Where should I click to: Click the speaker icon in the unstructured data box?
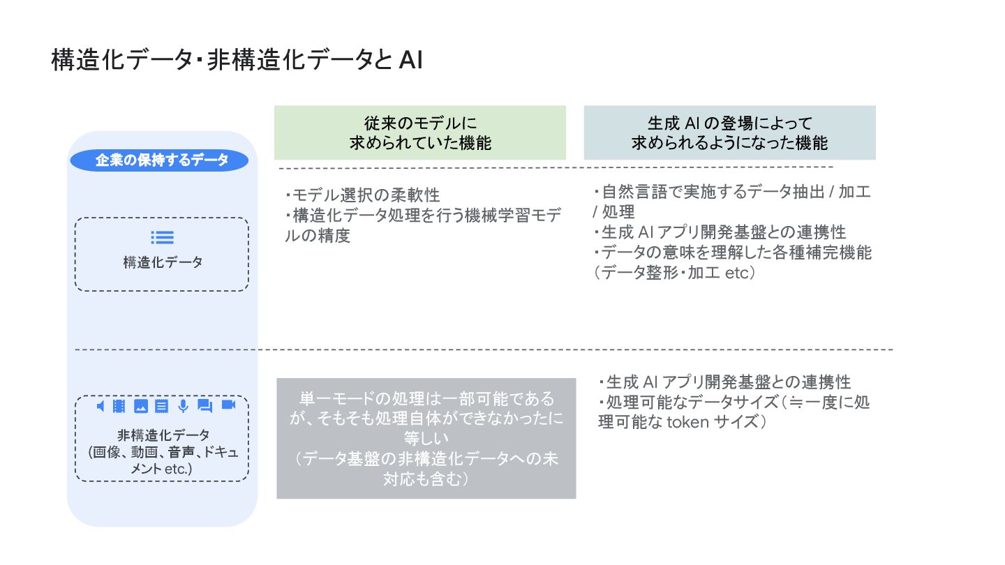100,406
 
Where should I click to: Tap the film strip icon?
119,406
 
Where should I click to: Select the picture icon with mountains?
140,406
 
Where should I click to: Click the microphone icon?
183,406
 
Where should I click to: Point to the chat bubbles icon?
204,406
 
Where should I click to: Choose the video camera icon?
228,405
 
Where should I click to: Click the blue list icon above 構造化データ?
162,237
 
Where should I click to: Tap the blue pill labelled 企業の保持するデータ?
162,160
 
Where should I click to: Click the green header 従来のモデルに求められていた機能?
420,133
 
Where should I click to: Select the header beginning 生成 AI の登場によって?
729,133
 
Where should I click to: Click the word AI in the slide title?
411,61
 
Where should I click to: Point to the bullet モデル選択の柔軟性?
363,195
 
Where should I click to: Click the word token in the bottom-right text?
690,421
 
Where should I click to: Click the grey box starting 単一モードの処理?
426,438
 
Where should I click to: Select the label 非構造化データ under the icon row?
163,435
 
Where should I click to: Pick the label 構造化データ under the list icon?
163,262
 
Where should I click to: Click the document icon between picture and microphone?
161,406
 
